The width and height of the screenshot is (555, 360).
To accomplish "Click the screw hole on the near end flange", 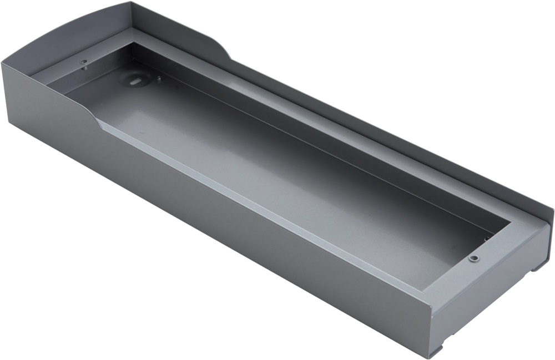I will coord(473,258).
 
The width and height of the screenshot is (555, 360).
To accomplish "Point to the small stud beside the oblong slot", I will coord(159,79).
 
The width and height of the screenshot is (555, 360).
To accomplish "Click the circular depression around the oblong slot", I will coord(135,79).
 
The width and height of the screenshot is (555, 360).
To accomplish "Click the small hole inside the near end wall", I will coord(487,240).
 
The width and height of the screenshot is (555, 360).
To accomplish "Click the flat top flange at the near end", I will coord(488,261).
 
